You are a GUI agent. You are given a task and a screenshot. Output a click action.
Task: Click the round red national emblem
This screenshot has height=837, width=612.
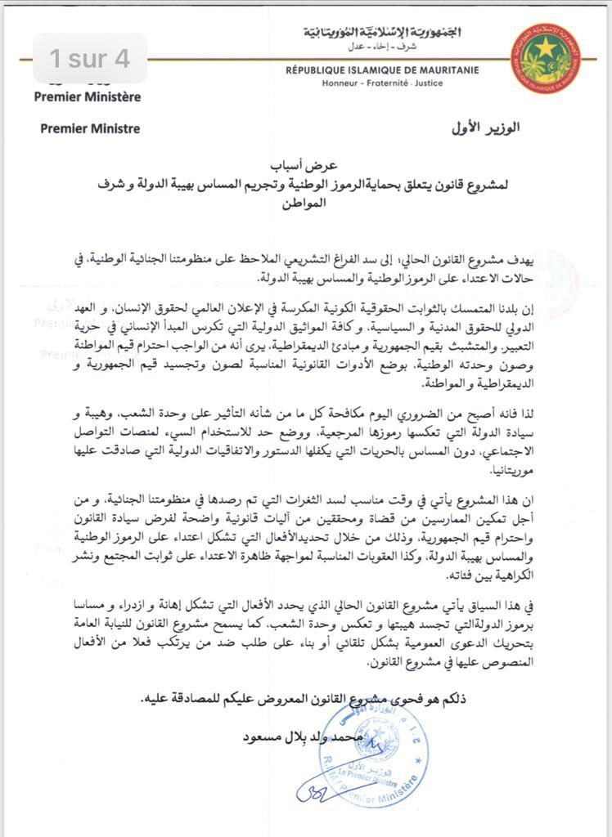(x=546, y=57)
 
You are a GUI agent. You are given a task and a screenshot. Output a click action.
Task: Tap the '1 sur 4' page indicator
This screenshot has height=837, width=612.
(x=89, y=59)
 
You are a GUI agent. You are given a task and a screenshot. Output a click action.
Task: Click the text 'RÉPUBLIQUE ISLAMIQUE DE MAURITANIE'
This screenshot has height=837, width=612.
(x=388, y=71)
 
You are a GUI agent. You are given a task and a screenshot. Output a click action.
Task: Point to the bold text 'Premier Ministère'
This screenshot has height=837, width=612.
(x=88, y=96)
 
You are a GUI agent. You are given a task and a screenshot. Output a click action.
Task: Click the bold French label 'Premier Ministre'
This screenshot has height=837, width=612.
(x=90, y=128)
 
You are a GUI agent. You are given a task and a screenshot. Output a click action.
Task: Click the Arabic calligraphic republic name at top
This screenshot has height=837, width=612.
(x=381, y=34)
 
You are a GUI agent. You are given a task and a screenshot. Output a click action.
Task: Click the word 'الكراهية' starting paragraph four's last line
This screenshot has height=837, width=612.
(x=512, y=575)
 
